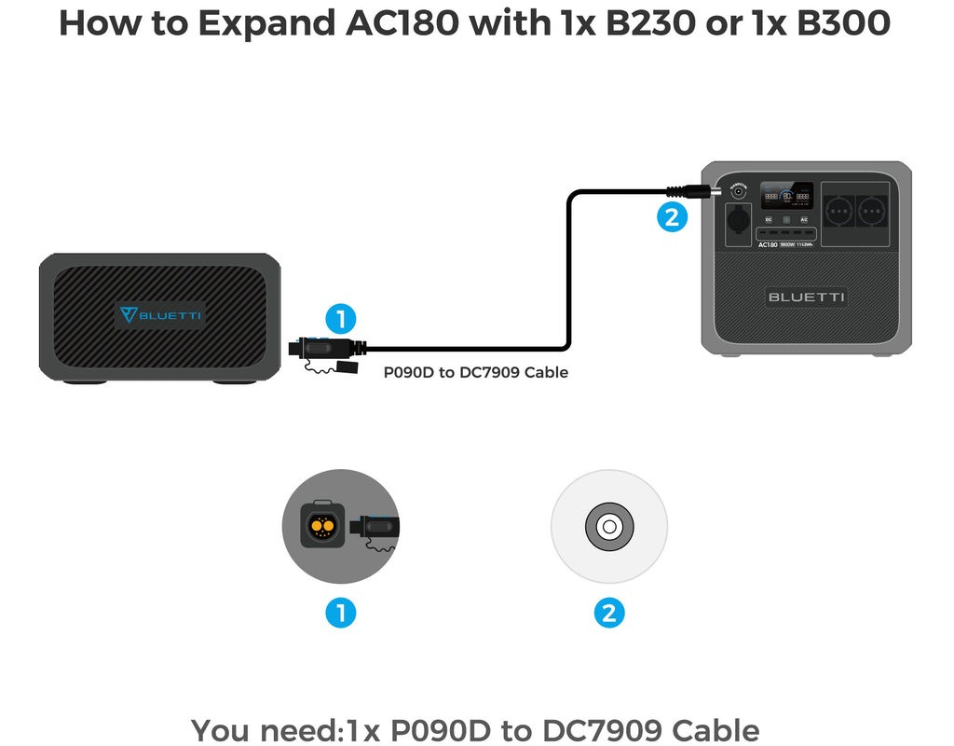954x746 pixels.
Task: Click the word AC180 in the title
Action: pos(402,23)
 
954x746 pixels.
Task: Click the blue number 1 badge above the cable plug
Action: pos(341,320)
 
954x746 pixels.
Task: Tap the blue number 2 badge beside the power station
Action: pos(672,217)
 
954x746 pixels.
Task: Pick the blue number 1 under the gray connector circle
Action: pos(341,613)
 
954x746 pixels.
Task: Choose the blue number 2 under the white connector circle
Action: pos(609,613)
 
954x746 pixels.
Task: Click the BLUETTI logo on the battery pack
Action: pos(160,315)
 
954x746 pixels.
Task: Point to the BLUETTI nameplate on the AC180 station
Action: pos(807,297)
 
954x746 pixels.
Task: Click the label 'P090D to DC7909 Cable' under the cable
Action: pos(476,372)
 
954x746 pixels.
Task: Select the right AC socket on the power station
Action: pos(872,210)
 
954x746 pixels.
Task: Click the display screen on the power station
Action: pos(788,197)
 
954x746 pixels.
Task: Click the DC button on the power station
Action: pos(769,218)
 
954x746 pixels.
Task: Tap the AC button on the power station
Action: pos(804,218)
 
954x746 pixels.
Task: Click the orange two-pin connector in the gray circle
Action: pos(322,527)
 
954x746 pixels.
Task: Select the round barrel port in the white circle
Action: pos(609,527)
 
